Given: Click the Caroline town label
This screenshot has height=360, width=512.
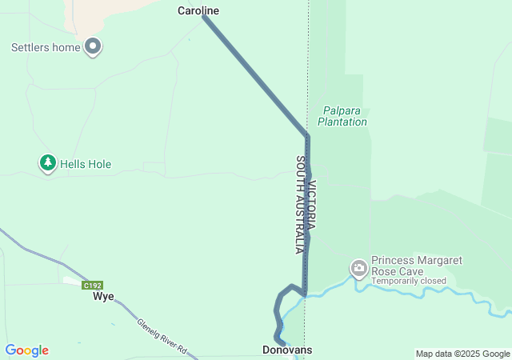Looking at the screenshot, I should pos(198,11).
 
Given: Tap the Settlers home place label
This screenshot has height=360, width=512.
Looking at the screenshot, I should pos(46,47).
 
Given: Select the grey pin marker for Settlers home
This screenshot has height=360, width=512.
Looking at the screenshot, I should pos(93,46).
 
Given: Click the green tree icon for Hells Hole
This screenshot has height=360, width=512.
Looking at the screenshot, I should pos(48,163).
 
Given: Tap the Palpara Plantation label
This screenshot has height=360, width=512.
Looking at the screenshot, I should pos(342,116).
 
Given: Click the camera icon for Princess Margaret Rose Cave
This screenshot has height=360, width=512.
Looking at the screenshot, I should pos(359,266).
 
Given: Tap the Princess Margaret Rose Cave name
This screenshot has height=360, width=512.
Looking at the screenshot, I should pos(417,266).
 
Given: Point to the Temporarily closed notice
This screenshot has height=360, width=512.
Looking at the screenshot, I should pos(409,281).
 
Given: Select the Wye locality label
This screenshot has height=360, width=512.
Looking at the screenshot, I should pos(103,296).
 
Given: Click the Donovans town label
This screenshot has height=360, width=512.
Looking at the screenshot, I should pos(287,350).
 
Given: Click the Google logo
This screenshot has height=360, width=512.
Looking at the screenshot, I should pos(27,350).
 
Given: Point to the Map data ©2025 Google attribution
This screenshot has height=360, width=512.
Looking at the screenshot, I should pos(462,354).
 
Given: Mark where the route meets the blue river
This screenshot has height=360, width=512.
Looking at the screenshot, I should pos(305,294).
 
